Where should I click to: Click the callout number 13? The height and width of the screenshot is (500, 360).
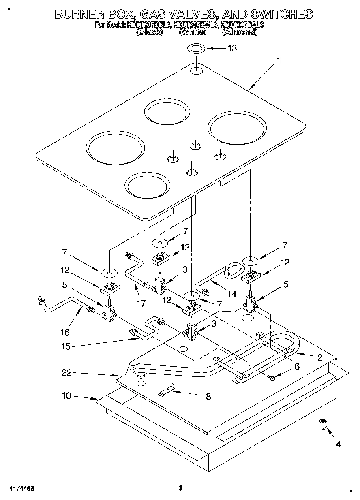[232, 49]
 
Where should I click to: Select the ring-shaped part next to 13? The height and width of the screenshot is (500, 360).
[196, 49]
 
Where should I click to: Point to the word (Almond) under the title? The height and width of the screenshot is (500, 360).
[240, 32]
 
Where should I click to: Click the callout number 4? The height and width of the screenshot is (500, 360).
[338, 444]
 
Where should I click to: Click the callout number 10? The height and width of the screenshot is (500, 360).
[66, 395]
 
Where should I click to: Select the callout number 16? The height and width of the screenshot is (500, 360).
[65, 333]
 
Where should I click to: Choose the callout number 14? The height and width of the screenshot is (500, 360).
[232, 294]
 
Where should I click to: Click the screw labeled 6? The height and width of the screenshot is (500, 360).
[272, 378]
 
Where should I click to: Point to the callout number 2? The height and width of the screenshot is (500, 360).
[319, 357]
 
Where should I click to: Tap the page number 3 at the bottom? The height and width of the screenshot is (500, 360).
[181, 488]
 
